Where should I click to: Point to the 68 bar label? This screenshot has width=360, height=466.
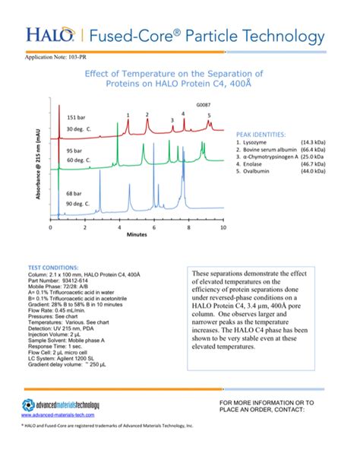pyautogui.click(x=74, y=195)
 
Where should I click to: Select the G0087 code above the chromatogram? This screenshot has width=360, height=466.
pyautogui.click(x=204, y=103)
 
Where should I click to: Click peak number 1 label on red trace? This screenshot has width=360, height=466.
pyautogui.click(x=128, y=115)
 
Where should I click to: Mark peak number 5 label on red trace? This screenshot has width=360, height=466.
pyautogui.click(x=209, y=115)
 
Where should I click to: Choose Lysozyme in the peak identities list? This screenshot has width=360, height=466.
pyautogui.click(x=253, y=142)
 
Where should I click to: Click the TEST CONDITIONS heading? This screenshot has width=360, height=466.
pyautogui.click(x=52, y=268)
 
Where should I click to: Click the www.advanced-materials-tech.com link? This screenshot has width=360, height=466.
pyautogui.click(x=57, y=416)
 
